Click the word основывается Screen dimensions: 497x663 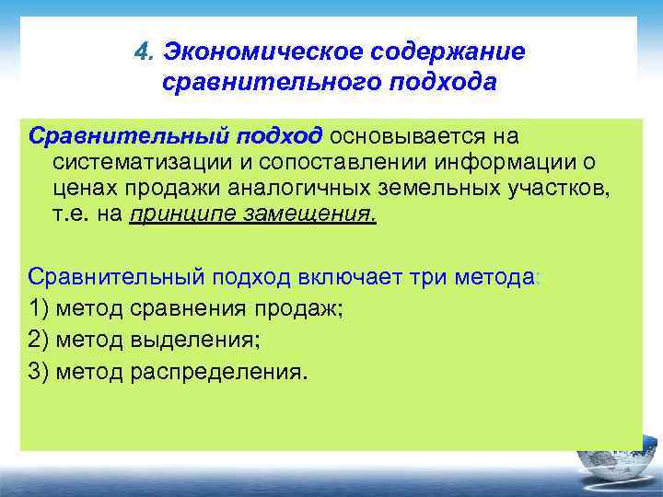coord(401,136)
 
